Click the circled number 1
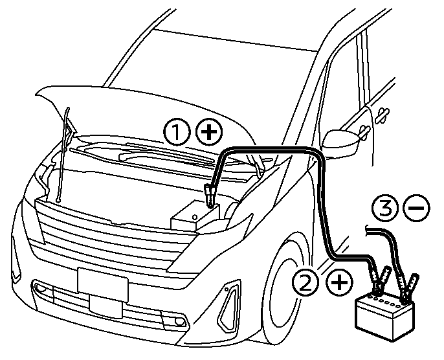(175, 133)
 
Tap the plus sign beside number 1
(208, 133)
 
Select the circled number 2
(305, 282)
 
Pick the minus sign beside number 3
(415, 208)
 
